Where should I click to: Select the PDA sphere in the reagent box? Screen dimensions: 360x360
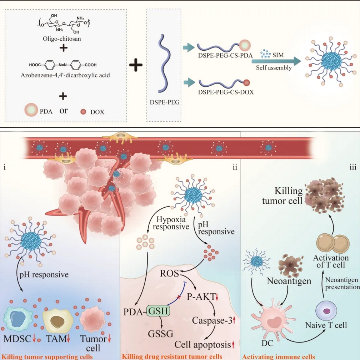31,110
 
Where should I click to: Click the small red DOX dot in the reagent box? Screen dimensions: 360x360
83,111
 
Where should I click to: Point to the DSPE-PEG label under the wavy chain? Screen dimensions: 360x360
164,103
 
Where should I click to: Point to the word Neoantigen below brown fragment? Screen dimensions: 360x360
289,281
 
